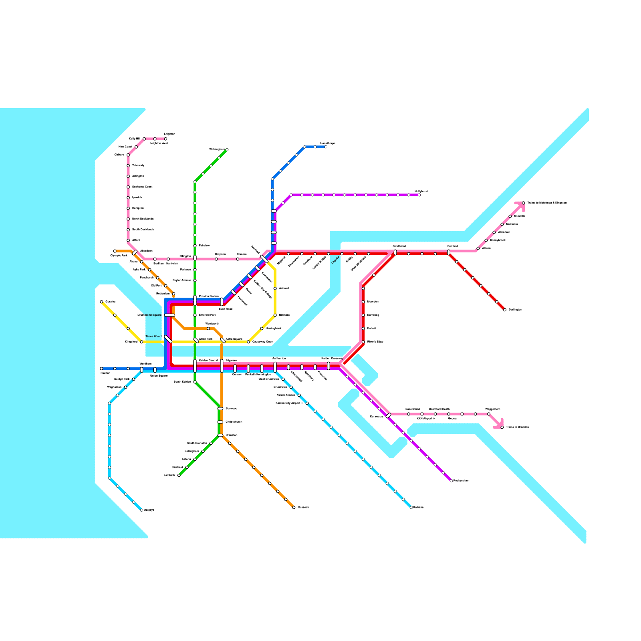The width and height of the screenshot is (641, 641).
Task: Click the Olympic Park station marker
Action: coord(115,251)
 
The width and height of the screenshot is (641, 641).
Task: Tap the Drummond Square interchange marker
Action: coord(169,315)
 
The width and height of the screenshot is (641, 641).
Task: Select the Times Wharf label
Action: coord(153,337)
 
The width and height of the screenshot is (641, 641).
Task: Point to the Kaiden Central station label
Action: coord(208,361)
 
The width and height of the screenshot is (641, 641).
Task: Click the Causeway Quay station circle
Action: coord(248,342)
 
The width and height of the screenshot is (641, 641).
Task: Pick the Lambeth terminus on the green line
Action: coord(179,476)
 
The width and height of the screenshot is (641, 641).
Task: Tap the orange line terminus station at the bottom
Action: coord(294,508)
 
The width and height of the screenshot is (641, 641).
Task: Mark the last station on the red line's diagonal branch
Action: coord(505,310)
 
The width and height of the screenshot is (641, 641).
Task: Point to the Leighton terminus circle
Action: coord(165,139)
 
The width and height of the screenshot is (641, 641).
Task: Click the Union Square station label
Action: coord(159,376)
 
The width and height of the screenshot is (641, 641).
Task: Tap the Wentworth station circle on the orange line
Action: coord(208,329)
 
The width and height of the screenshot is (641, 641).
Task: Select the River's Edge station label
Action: coord(375,342)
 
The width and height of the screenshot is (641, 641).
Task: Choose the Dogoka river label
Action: coord(335,260)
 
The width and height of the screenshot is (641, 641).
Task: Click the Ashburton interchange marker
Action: coord(275,367)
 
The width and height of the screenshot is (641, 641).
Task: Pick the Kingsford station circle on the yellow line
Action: coord(141,342)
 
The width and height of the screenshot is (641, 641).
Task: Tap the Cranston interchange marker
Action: coord(220,435)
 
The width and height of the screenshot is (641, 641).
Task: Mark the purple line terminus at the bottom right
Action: coord(451,481)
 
